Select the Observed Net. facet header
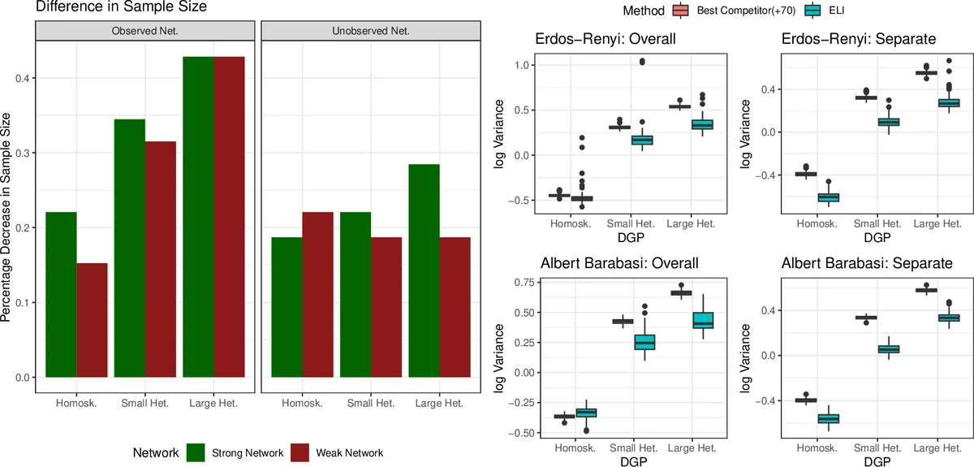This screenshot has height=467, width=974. pos(144,32)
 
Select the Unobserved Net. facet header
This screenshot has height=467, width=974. pos(372,32)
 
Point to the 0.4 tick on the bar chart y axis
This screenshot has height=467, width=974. pos(22,78)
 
